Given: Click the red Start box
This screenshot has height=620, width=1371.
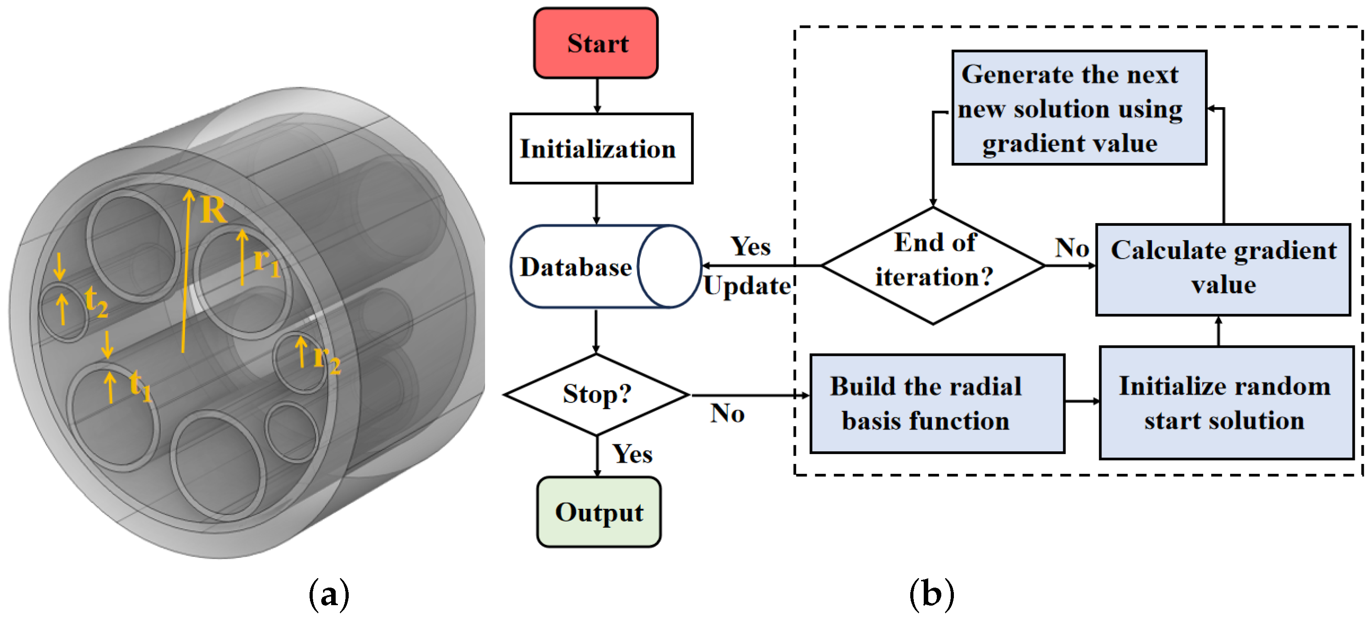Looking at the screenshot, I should coord(596,43).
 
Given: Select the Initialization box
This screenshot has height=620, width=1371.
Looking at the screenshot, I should coord(601,148).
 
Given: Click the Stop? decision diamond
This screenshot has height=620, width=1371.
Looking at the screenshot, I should coord(597,394).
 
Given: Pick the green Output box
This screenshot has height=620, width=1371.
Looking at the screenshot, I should coord(599,512).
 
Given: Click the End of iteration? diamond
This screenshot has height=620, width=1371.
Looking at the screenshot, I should coord(933,265).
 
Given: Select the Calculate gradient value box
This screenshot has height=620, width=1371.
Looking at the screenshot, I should coord(1223,269).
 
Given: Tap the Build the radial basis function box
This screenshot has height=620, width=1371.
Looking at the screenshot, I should coord(936,404).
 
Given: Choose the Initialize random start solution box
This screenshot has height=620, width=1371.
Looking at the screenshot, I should coord(1226,402).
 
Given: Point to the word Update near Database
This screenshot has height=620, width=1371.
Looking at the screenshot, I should coord(747,286).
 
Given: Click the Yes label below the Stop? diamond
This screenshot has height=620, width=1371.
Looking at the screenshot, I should coord(632,454).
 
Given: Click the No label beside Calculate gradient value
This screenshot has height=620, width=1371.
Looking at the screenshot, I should coord(1071,247).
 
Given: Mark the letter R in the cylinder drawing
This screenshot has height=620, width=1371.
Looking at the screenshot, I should coord(213,210).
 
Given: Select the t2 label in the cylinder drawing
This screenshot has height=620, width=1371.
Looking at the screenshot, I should coord(96,302).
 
